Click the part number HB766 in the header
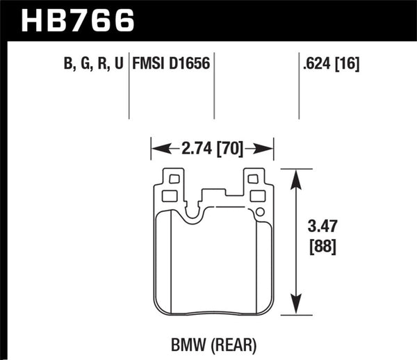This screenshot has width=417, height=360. point(77,20)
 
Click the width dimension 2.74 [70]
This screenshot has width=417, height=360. point(212,148)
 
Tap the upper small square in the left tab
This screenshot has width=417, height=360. point(174,179)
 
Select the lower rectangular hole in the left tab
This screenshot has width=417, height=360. point(170,196)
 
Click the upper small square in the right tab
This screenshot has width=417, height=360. point(254,179)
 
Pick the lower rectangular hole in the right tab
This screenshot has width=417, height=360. point(256,196)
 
